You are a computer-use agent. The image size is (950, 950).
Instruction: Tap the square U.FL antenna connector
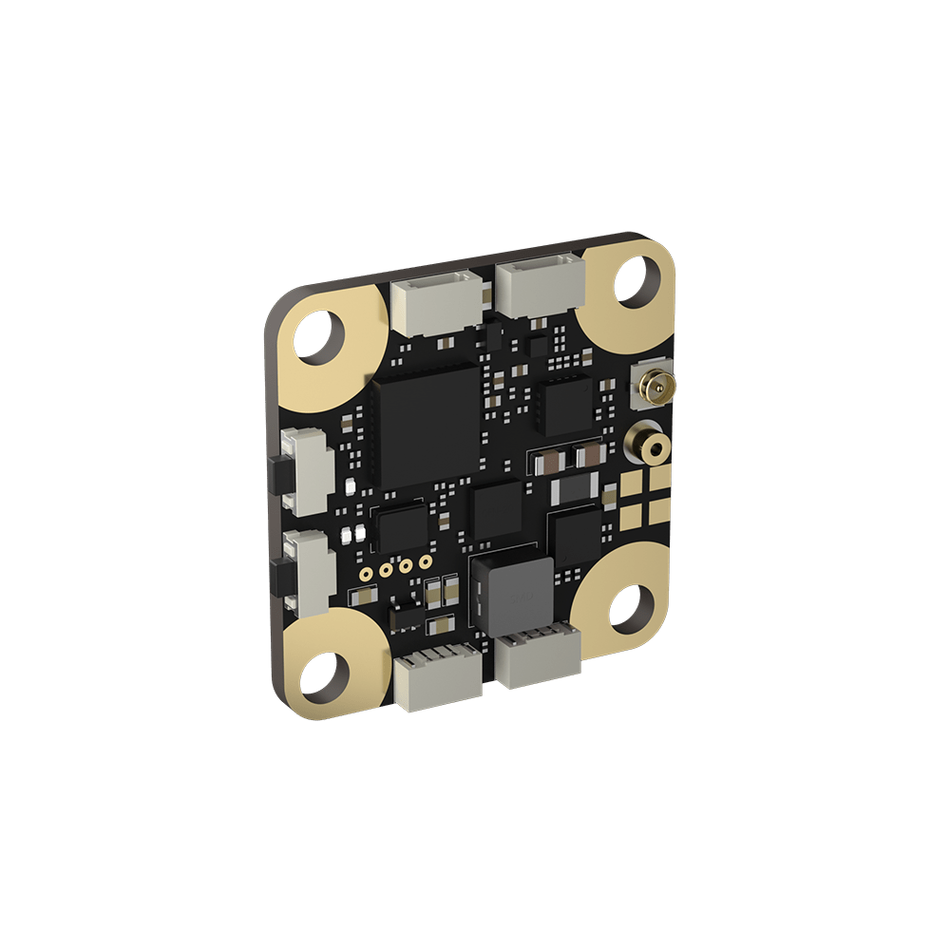655,386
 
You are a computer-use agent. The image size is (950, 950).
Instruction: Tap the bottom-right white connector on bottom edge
538,656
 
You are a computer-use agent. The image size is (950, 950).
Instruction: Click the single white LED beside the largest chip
350,487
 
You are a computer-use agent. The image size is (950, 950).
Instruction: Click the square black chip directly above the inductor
497,510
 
